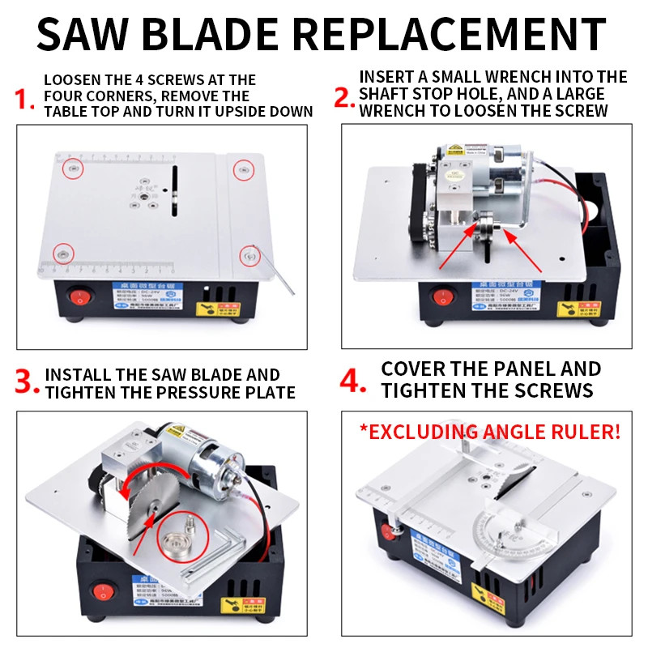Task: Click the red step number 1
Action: [24, 100]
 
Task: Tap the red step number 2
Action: [344, 96]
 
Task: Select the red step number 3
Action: [27, 382]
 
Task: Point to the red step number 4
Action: [353, 381]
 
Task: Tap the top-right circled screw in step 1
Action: [242, 169]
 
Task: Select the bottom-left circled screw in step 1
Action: [61, 253]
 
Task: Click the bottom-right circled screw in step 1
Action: [250, 256]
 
